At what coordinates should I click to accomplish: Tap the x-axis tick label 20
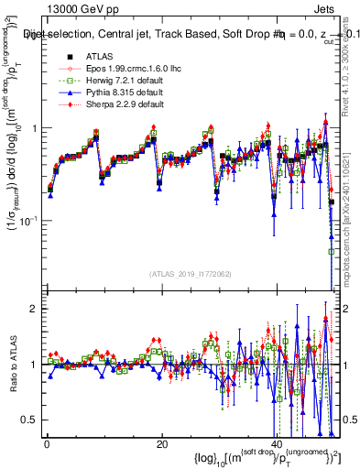click(161, 444)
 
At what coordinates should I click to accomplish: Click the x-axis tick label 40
click(276, 444)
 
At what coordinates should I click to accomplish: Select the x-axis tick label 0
click(47, 444)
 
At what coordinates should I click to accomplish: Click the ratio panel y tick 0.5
click(27, 420)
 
